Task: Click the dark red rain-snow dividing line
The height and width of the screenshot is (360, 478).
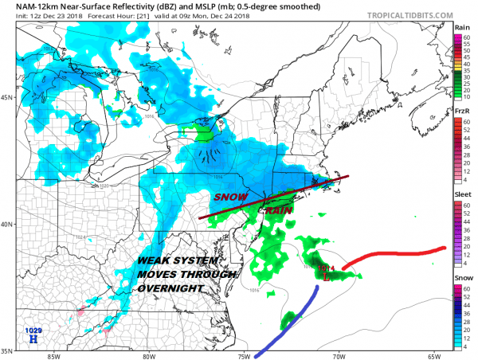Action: (271, 196)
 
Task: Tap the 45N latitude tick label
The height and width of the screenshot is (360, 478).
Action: (7, 98)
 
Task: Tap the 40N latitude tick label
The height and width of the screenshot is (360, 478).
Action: (7, 224)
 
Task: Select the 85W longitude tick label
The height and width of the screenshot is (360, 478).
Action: (53, 356)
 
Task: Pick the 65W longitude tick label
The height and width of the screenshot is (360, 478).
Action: (433, 356)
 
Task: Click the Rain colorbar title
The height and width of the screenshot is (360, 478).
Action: (460, 26)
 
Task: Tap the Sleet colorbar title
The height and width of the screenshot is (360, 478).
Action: (460, 194)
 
